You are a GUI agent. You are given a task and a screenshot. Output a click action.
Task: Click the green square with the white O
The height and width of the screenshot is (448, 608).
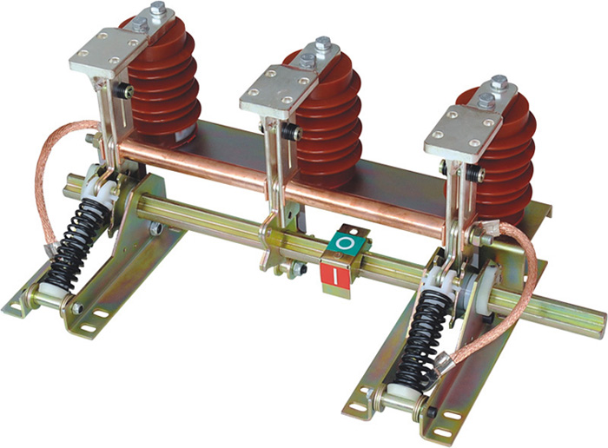(x=345, y=243)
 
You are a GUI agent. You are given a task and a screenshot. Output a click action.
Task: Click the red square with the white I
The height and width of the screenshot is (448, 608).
(x=336, y=275)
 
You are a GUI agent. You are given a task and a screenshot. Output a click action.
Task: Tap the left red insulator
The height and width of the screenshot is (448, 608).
(x=165, y=83)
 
